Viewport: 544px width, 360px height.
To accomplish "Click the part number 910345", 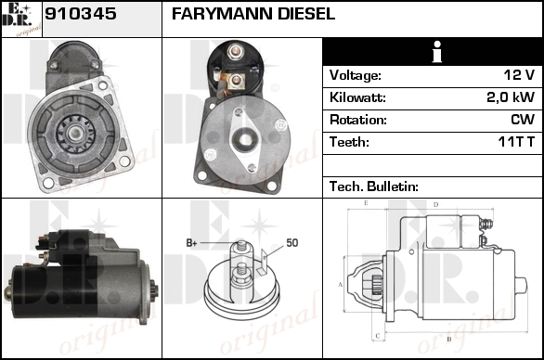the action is [x=81, y=14].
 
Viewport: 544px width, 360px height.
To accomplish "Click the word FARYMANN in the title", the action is [x=222, y=14].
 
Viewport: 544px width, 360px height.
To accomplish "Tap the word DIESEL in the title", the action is [x=306, y=14].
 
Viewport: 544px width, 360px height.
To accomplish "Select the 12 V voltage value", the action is [x=519, y=74].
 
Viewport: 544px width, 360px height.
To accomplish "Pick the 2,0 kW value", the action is [x=511, y=97].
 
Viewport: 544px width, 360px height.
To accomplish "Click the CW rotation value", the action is [x=523, y=120].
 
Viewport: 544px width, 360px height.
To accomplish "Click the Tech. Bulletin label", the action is [x=374, y=186].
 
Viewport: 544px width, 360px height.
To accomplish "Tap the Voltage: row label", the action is [x=356, y=75].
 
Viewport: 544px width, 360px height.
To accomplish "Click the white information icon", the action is [x=437, y=52].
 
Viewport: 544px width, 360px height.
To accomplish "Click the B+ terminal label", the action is [x=191, y=243].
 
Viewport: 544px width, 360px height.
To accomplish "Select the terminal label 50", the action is [x=292, y=243].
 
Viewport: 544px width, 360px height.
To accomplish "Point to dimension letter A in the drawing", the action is [x=341, y=285].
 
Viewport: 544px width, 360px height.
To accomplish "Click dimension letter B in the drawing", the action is [x=449, y=339].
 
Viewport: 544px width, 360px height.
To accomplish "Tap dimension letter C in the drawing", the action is [x=378, y=336].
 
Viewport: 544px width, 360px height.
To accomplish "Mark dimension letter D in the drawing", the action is [x=436, y=205].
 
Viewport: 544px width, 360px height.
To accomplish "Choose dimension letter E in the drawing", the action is [x=366, y=203].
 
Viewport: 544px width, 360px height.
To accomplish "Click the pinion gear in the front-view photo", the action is [x=75, y=134].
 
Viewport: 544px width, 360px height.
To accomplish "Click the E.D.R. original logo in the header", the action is [x=21, y=19].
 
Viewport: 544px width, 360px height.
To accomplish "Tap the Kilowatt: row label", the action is [x=357, y=97].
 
